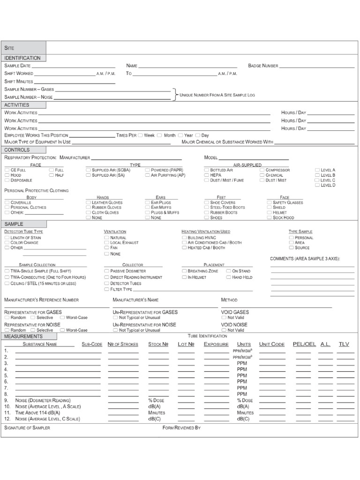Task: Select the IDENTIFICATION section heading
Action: pyautogui.click(x=23, y=58)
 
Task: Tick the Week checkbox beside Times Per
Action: pyautogui.click(x=141, y=135)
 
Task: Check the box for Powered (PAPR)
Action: pyautogui.click(x=148, y=170)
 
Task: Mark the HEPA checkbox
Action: pyautogui.click(x=207, y=175)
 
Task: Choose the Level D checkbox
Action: pyautogui.click(x=317, y=185)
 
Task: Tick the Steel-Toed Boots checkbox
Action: pyautogui.click(x=207, y=208)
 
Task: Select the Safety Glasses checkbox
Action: pyautogui.click(x=270, y=202)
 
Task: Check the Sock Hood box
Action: pyautogui.click(x=270, y=217)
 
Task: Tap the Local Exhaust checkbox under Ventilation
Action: pyautogui.click(x=107, y=243)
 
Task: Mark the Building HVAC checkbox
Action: pyautogui.click(x=184, y=238)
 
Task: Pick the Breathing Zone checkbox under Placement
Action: pyautogui.click(x=184, y=271)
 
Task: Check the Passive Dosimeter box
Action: pyautogui.click(x=107, y=271)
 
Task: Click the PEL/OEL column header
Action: pyautogui.click(x=304, y=344)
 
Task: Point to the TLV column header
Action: pyautogui.click(x=344, y=344)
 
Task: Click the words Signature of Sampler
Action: pyautogui.click(x=27, y=428)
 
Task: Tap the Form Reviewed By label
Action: pyautogui.click(x=181, y=428)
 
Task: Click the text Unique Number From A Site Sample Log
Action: pyautogui.click(x=217, y=95)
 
